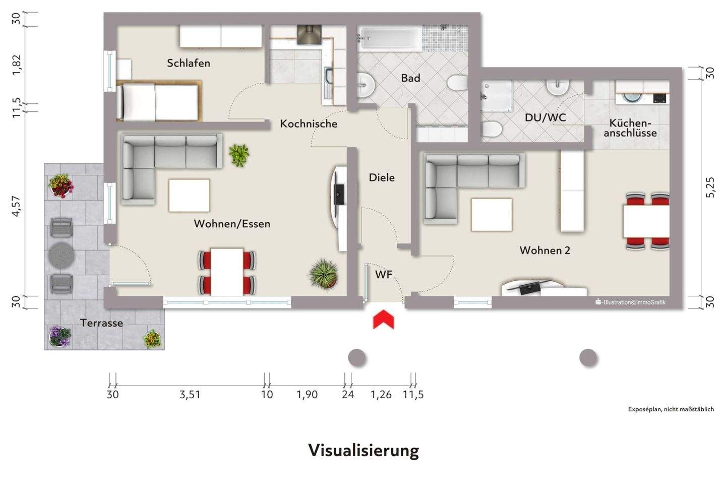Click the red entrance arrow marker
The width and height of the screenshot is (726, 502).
click(383, 320)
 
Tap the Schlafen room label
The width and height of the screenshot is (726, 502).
click(189, 63)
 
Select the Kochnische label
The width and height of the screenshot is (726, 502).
click(309, 123)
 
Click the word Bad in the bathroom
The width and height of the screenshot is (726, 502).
click(410, 78)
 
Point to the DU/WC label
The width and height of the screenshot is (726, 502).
click(545, 118)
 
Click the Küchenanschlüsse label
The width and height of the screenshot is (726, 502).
click(630, 128)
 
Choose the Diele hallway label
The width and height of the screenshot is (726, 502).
click(382, 177)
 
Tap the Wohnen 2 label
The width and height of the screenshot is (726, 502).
click(544, 250)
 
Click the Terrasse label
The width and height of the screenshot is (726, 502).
click(101, 323)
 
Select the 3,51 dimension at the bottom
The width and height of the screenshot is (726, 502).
click(190, 395)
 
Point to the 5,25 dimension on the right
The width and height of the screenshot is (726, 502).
click(710, 187)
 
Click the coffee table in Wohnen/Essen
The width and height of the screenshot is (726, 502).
click(189, 196)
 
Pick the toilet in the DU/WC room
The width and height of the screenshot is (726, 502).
click(491, 130)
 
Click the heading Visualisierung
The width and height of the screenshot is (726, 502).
click(363, 450)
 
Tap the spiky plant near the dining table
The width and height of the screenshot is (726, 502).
click(324, 274)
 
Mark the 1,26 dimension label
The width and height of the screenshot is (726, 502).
click(381, 395)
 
